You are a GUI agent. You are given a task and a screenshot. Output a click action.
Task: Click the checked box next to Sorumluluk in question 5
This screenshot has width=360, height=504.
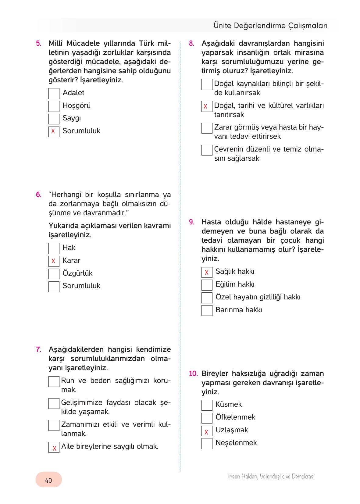pos(54,131)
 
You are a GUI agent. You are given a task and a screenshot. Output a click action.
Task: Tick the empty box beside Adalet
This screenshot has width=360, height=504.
pos(54,93)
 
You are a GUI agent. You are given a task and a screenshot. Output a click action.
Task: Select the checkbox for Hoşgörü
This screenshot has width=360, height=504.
pos(54,106)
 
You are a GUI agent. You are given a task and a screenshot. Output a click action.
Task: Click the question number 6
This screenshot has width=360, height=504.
pos(39,195)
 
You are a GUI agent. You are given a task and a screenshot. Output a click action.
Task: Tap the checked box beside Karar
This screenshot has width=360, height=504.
pos(54,261)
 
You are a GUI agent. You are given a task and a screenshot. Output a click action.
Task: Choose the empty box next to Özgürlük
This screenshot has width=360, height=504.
pos(54,274)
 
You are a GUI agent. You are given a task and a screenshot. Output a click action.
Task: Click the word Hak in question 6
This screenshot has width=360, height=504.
pos(69,248)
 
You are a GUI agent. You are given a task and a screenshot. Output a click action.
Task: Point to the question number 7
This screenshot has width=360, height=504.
pos(39,349)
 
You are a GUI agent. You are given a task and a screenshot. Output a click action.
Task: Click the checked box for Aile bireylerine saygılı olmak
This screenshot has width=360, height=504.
pos(54,447)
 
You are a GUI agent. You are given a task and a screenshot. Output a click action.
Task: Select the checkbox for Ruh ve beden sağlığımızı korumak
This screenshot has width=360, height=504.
pos(54,381)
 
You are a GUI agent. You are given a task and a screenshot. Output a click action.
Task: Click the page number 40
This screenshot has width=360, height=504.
pos(48,481)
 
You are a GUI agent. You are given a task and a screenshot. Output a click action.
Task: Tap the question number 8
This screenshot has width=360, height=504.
pos(191,43)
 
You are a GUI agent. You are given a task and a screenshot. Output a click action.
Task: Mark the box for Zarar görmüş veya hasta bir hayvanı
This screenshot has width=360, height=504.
pos(207,128)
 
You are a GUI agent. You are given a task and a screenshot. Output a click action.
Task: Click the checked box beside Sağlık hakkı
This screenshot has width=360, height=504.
pos(207,272)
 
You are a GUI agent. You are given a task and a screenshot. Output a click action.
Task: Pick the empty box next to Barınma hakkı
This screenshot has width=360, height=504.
pos(207,310)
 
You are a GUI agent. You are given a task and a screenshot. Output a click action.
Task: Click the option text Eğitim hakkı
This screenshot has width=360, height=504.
pos(235,284)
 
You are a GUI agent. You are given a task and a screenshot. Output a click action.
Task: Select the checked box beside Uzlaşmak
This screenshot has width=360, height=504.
pos(207,431)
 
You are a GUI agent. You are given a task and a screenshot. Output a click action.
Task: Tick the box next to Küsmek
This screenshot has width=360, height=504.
pos(207,405)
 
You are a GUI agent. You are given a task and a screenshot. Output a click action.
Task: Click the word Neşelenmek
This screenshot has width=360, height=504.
pos(236,443)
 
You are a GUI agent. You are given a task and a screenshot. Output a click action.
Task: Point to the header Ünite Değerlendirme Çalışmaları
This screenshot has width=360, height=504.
pos(270,26)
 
